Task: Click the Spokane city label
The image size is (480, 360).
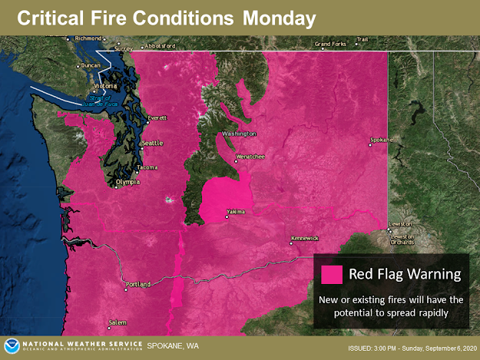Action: [x=380, y=140]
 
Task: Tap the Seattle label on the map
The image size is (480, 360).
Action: [x=153, y=144]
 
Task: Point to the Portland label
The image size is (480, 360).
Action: [x=138, y=284]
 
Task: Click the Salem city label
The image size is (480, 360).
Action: [x=117, y=322]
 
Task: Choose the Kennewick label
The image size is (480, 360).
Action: [x=304, y=239]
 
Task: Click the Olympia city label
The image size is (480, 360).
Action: [x=127, y=182]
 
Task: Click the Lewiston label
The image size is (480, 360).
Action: [x=400, y=224]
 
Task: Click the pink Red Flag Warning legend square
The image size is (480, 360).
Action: [x=332, y=274]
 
